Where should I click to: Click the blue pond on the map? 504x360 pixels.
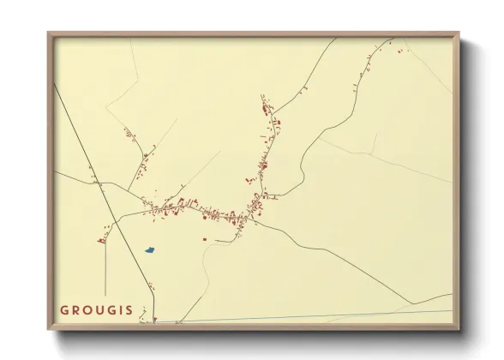[149, 249]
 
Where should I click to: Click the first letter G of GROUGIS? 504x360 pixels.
[64, 310]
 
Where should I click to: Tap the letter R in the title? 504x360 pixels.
[76, 310]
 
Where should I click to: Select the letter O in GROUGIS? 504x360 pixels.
[88, 310]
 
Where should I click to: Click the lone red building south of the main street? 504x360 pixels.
[204, 238]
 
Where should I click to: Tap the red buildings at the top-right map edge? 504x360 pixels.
[399, 51]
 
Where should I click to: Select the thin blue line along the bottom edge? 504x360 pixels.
[343, 315]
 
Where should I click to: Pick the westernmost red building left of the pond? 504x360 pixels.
[100, 241]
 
